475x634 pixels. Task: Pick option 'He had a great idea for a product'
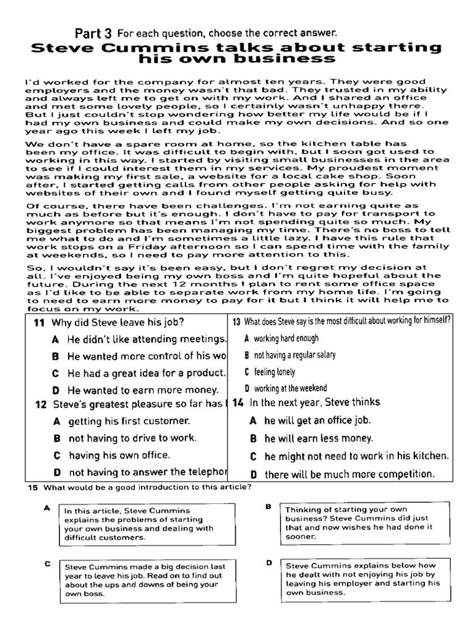point(145,373)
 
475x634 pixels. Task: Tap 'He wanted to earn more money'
point(143,390)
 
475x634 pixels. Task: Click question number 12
point(41,405)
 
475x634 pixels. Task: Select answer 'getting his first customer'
point(129,421)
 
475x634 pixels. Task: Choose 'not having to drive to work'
point(132,438)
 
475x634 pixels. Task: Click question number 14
point(238,402)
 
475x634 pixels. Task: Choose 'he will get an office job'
point(317,420)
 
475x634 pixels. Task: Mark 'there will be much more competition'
point(349,474)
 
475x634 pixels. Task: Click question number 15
point(33,488)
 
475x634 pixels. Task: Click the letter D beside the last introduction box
point(269,563)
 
